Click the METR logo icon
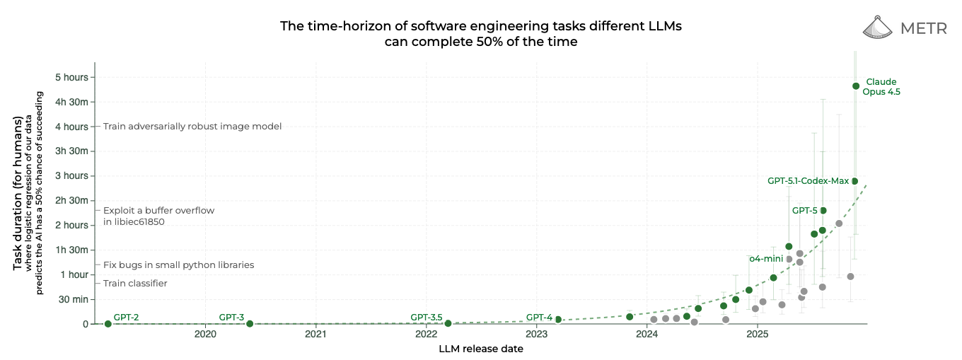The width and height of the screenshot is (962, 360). click(x=879, y=27)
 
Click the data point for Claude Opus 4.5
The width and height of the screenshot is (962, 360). click(x=856, y=86)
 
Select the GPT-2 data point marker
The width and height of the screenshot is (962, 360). click(x=108, y=324)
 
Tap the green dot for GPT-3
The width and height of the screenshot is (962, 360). click(x=250, y=324)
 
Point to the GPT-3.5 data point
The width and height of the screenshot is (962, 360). click(x=448, y=323)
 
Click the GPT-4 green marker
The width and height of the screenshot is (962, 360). click(x=558, y=320)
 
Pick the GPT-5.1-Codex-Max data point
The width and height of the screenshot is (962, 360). click(x=854, y=181)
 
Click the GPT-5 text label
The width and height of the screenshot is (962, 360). click(x=804, y=211)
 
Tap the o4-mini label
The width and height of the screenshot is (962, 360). click(x=765, y=260)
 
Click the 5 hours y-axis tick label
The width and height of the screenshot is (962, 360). click(x=71, y=77)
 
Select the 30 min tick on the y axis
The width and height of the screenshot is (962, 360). click(x=72, y=299)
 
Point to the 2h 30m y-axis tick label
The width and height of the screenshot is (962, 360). click(x=71, y=201)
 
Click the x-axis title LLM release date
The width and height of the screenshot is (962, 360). click(x=481, y=349)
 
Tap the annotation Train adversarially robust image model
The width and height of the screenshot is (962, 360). click(x=192, y=127)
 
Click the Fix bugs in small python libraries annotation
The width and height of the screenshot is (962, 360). click(x=178, y=265)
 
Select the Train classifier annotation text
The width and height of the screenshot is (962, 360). click(x=135, y=284)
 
